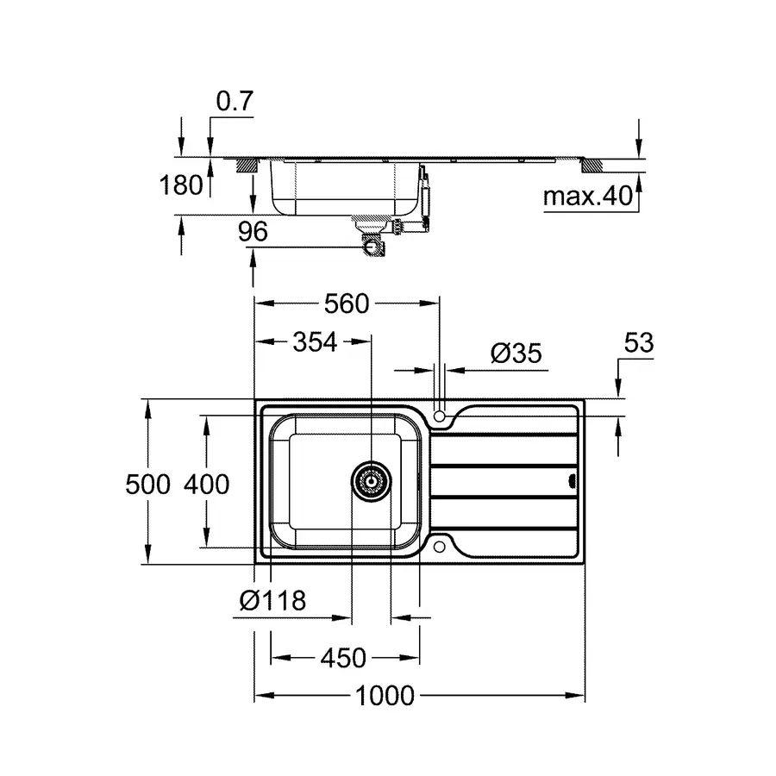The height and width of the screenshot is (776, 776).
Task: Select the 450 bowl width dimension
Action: (x=343, y=658)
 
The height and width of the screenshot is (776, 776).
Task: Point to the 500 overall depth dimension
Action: (x=148, y=485)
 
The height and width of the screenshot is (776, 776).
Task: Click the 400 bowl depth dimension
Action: (x=206, y=485)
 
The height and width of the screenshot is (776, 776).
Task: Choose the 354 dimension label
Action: (x=313, y=342)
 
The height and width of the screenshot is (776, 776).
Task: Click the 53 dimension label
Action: (x=637, y=343)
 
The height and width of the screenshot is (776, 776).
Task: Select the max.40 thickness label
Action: (x=588, y=197)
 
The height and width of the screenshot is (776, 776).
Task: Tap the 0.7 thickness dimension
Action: (x=235, y=102)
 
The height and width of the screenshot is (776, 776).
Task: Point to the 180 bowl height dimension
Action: (x=182, y=185)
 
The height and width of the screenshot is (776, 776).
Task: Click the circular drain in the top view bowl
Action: (x=372, y=481)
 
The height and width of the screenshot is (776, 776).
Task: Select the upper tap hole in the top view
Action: (x=441, y=417)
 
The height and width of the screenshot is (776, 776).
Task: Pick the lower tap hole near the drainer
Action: (x=441, y=546)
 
